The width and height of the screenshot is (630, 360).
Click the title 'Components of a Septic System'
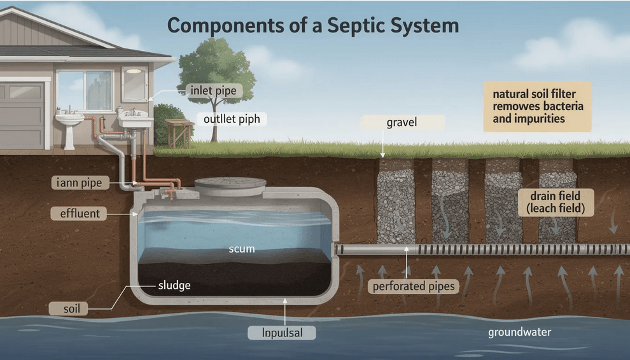[x=312, y=26]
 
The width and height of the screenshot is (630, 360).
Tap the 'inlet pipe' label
[x=213, y=91]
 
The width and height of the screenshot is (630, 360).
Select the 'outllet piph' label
[x=231, y=119]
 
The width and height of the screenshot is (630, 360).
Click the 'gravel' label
[x=402, y=122]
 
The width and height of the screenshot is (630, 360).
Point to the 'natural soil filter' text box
[x=537, y=106]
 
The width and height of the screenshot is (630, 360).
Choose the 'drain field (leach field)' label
[x=557, y=202]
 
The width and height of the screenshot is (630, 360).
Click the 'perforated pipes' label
[x=414, y=286]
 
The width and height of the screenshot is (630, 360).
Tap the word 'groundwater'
[x=519, y=332]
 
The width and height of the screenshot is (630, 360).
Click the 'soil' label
[x=72, y=308]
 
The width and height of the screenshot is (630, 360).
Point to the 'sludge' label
[x=174, y=286]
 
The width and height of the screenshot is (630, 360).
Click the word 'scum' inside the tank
[x=241, y=249]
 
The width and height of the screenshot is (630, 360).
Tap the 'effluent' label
[x=79, y=214]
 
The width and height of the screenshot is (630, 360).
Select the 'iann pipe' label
[x=79, y=183]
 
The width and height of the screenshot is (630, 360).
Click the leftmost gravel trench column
[x=396, y=200]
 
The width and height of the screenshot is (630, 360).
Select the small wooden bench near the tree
[x=179, y=130]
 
